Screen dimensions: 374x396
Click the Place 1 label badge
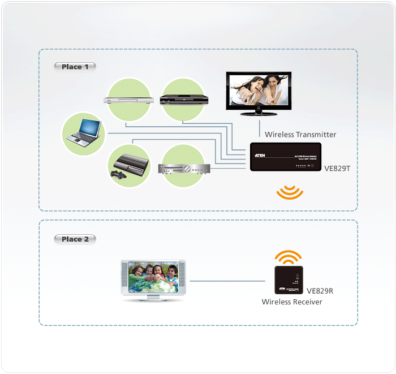(x=75, y=67)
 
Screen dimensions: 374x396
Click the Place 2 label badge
(x=75, y=239)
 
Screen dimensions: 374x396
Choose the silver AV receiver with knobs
(x=183, y=169)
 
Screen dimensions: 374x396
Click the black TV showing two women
(x=259, y=93)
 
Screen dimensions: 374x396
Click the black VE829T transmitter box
(x=286, y=157)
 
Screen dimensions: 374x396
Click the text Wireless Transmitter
(x=300, y=135)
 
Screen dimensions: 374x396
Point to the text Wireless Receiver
(x=292, y=302)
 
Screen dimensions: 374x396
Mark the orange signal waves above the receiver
(x=289, y=257)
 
